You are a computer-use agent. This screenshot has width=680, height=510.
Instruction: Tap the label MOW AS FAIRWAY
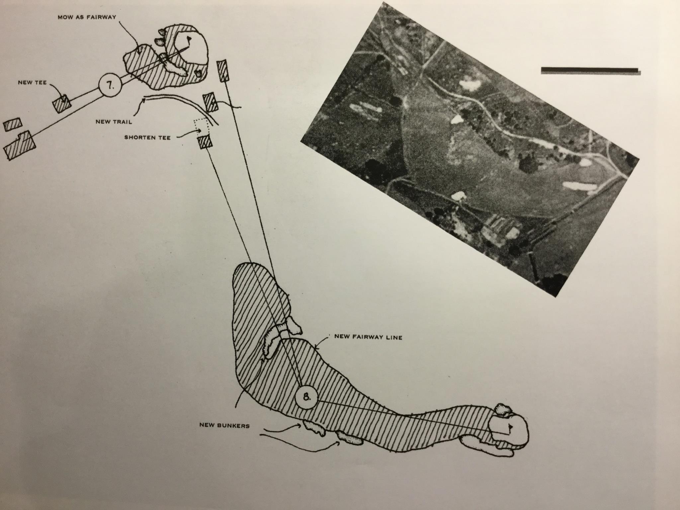(x=87, y=17)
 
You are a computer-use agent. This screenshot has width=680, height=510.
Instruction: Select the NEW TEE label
(x=32, y=83)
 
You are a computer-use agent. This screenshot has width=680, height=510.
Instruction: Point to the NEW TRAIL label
(x=114, y=122)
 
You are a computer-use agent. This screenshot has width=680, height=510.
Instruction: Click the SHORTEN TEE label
(x=147, y=137)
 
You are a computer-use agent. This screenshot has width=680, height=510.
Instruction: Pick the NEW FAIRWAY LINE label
(x=368, y=337)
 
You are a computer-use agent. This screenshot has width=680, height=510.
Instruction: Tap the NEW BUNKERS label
(x=224, y=426)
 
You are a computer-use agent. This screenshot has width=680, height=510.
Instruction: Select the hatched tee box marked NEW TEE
(x=62, y=103)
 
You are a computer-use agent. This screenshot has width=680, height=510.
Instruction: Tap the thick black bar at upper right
(x=590, y=70)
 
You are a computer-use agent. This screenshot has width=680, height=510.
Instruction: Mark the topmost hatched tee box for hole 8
(x=223, y=70)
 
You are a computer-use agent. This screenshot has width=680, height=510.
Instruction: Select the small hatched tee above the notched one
(x=13, y=125)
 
